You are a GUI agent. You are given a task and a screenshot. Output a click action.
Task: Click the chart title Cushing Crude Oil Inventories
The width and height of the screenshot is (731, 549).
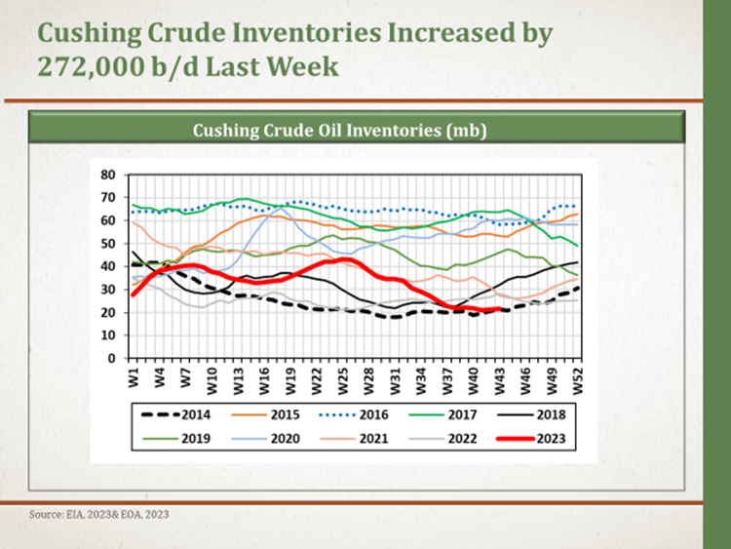point(339,130)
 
